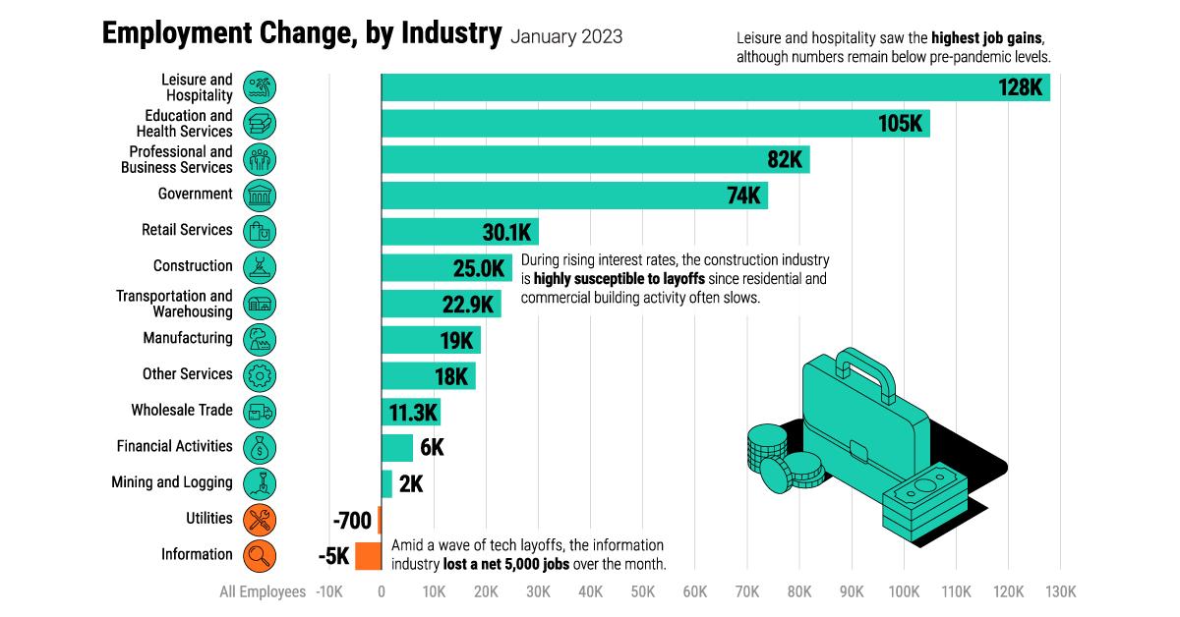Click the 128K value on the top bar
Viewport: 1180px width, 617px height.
coord(1020,87)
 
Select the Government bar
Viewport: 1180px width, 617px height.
coord(574,196)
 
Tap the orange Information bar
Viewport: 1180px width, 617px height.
coord(368,555)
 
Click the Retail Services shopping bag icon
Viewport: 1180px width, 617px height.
coord(260,231)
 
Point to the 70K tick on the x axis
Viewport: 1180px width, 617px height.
coord(747,591)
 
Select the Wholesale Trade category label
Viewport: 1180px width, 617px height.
coord(182,410)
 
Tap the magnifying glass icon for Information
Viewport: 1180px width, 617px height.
coord(260,555)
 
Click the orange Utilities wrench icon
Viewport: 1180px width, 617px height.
coord(260,519)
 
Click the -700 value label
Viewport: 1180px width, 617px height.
coord(351,519)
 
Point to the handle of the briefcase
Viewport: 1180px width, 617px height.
coord(865,373)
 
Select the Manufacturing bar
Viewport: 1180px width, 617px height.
coord(431,340)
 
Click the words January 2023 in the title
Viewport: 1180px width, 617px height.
coord(566,36)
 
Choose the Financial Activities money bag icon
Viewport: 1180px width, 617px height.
coord(260,447)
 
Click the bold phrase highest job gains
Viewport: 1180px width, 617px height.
coord(987,38)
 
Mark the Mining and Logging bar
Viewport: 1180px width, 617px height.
coord(386,483)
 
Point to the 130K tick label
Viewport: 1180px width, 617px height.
coord(1060,591)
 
